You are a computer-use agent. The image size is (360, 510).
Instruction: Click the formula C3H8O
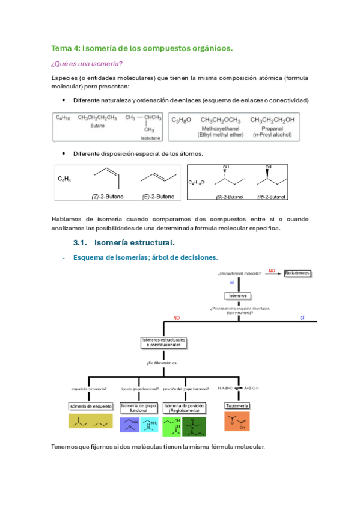pos(182,120)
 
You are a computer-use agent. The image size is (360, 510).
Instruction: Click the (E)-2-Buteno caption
pos(159,196)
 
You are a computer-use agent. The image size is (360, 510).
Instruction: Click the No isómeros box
pos(297,274)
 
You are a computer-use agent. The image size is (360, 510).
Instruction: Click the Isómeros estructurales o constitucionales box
pos(164,342)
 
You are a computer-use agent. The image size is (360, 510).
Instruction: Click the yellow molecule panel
pos(91,421)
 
